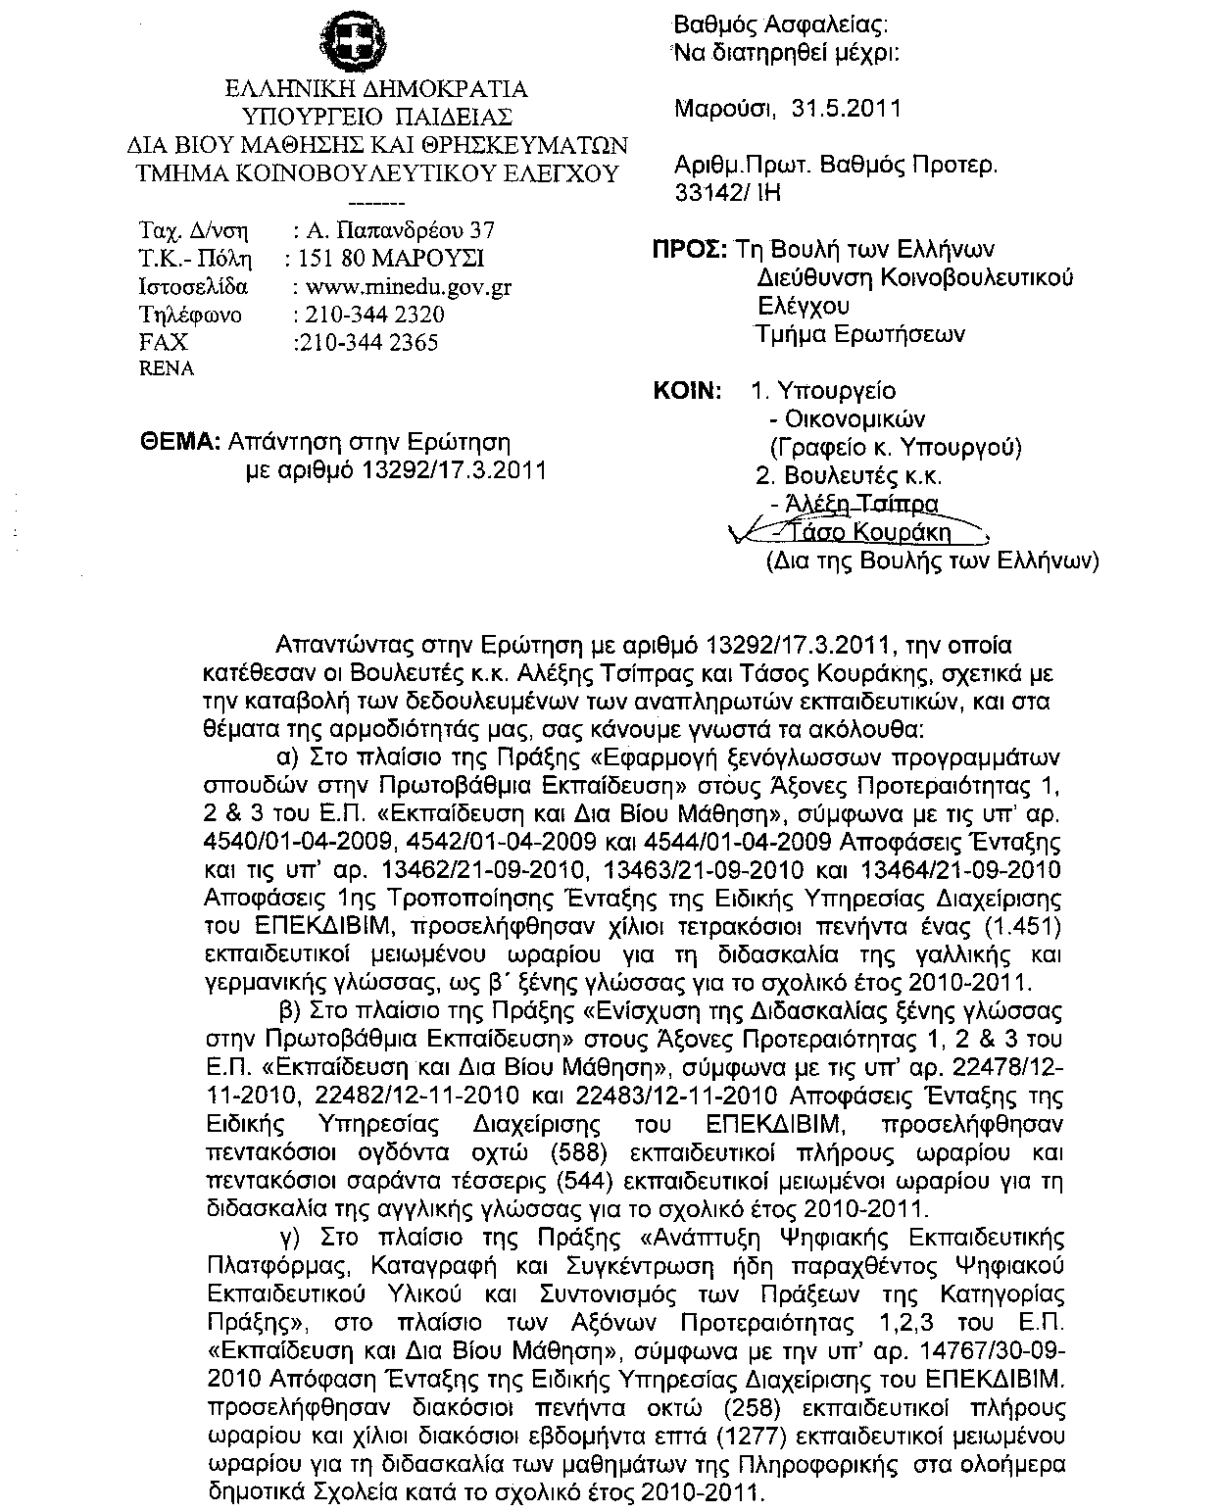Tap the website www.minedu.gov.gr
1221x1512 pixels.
pyautogui.click(x=408, y=287)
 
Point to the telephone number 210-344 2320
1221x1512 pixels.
pyautogui.click(x=374, y=315)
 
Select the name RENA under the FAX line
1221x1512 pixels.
pyautogui.click(x=168, y=368)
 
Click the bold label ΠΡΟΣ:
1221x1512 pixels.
pyautogui.click(x=688, y=251)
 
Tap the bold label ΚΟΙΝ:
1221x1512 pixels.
pyautogui.click(x=687, y=391)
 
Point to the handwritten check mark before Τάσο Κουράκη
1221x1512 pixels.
pyautogui.click(x=748, y=533)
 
